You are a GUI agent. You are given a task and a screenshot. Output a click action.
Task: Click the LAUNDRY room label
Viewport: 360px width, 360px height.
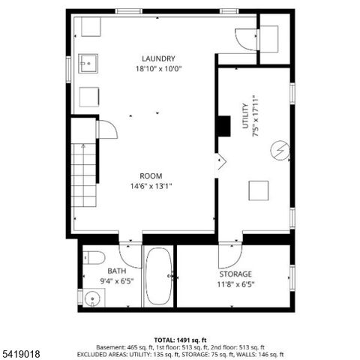tap(158, 58)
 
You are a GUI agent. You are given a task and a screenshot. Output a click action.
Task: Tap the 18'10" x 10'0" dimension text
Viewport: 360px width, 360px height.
tap(158, 68)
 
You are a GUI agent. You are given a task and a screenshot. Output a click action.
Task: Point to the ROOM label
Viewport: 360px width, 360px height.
tap(151, 176)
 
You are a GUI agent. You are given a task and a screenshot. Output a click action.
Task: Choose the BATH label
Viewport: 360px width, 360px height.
tap(116, 271)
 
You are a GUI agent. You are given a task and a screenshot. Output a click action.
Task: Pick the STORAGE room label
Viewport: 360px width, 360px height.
tap(235, 274)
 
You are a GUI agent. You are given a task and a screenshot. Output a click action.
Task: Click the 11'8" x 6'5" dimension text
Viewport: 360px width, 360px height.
tap(235, 284)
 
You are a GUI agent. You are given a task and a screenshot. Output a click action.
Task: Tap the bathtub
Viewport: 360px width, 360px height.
tap(158, 277)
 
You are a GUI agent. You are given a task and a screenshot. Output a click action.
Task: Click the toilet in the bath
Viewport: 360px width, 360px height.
tap(94, 258)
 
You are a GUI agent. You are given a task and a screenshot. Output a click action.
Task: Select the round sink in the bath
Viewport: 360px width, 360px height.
tap(91, 297)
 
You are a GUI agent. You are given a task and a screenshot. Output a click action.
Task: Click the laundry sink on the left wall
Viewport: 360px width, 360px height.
tap(87, 64)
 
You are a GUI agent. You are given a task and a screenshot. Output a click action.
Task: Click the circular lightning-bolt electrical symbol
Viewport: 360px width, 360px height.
tap(279, 151)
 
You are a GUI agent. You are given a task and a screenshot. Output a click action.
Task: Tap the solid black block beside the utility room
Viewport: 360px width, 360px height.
tap(223, 126)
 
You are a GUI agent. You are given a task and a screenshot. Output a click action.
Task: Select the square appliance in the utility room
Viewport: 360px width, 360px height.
tap(259, 190)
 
